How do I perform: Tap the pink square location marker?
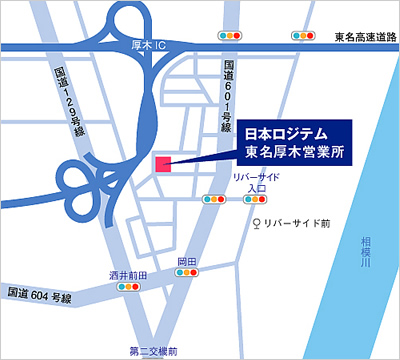click(163, 165)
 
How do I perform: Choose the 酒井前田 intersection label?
click(128, 274)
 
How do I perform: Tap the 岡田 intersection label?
click(186, 262)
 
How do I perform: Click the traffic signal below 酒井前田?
click(127, 288)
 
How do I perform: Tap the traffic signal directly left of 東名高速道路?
click(302, 36)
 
